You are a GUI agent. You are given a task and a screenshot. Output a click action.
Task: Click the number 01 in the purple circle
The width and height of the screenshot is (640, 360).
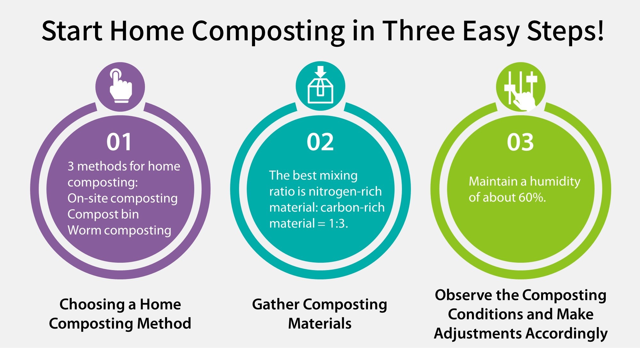point(119,142)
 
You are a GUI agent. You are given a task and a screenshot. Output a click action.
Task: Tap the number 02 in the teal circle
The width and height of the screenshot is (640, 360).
point(320,142)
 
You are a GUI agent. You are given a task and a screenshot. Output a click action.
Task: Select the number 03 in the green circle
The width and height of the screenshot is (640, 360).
point(520,142)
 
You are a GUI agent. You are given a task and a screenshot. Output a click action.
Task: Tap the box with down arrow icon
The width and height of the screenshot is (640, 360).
point(320,86)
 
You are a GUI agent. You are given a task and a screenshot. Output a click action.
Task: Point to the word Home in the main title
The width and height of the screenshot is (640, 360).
point(147,31)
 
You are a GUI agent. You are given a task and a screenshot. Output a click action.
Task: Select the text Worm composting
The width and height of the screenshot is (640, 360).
point(119,230)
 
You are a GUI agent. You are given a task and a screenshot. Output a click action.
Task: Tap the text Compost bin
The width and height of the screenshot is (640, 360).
point(103,214)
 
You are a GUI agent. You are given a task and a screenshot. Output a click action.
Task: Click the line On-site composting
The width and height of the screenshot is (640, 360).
point(123,198)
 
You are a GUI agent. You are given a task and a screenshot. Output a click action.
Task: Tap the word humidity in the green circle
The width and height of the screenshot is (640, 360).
point(555,181)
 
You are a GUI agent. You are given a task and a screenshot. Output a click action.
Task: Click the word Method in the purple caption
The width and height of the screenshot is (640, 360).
point(164,323)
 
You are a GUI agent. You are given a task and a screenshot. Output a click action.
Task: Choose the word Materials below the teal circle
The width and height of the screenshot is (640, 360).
point(320,323)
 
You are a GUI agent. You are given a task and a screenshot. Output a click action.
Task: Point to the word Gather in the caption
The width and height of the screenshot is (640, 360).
point(276,304)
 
